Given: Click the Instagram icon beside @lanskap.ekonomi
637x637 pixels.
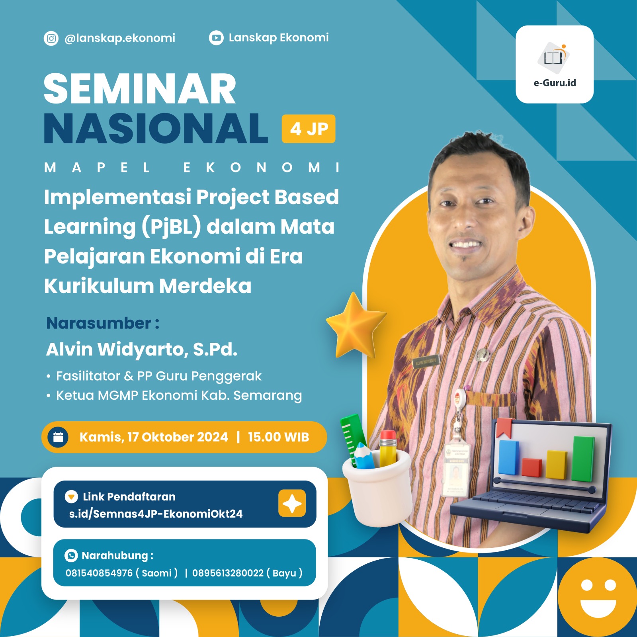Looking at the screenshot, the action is (x=51, y=38).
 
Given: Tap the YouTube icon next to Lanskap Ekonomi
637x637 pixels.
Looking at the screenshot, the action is (x=216, y=38).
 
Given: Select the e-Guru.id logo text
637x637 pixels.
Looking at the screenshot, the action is (x=555, y=83).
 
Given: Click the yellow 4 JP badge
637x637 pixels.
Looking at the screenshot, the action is (x=309, y=129).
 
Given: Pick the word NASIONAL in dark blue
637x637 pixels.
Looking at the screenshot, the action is (x=156, y=128).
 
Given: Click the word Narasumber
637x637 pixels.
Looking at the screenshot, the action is (x=99, y=323).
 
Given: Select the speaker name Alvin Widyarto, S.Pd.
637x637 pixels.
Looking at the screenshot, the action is (x=142, y=349).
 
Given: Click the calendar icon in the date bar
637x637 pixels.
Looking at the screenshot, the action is (x=58, y=437).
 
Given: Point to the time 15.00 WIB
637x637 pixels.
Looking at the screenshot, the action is (x=278, y=437).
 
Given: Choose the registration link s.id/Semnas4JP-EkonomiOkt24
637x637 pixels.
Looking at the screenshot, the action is (x=156, y=514).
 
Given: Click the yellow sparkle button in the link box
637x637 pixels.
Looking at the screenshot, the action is (x=292, y=504).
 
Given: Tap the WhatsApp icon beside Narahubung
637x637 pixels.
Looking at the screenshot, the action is (x=71, y=555).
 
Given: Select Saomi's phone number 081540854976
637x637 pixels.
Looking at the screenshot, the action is (x=99, y=573).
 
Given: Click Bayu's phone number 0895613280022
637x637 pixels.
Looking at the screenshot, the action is (x=228, y=573).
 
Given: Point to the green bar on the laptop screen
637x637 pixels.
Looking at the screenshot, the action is (x=583, y=459).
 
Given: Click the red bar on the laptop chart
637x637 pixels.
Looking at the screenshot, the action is (x=532, y=467).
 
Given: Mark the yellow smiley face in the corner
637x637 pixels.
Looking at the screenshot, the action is (x=598, y=596).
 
